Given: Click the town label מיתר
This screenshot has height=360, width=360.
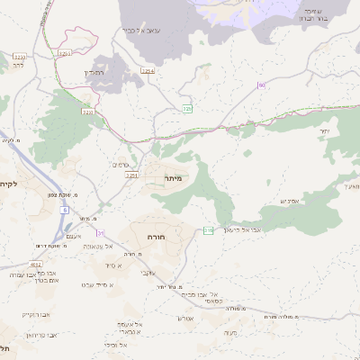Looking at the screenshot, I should [x=174, y=179].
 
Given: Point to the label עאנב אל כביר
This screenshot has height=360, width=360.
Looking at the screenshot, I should [x=141, y=30].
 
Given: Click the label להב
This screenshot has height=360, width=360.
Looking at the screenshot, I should [x=18, y=66].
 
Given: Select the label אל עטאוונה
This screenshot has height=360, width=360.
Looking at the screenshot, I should [x=96, y=247].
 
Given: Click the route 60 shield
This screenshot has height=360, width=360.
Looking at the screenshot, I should [x=261, y=85].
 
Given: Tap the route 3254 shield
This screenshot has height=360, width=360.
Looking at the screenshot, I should [x=148, y=70].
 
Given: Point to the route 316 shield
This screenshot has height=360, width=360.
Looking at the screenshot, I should [x=208, y=231].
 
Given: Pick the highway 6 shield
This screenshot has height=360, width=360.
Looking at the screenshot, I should [x=65, y=210].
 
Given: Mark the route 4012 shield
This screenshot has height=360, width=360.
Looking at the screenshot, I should [x=37, y=264].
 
